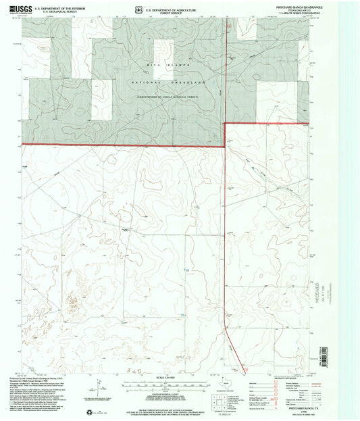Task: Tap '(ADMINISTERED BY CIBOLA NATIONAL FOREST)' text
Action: pyautogui.click(x=156, y=98)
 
